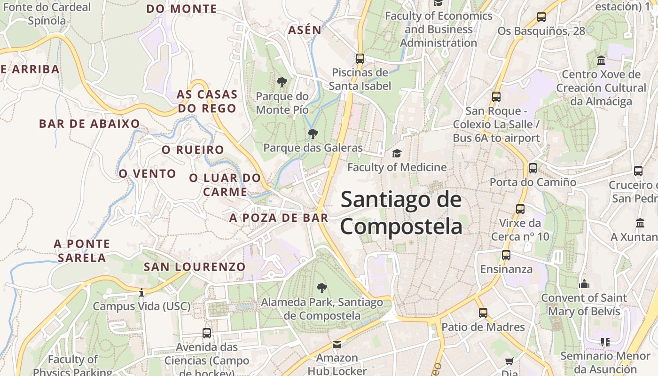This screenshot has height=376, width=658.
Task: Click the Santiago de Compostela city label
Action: [x=401, y=212]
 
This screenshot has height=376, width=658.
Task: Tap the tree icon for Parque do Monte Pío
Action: [x=282, y=82]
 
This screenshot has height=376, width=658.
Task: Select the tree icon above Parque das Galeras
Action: [x=313, y=134]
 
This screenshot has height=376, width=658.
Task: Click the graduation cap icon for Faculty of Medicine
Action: [x=397, y=154]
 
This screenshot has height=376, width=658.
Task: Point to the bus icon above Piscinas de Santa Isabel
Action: [x=360, y=59]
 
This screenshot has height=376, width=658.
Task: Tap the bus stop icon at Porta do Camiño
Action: [x=533, y=168]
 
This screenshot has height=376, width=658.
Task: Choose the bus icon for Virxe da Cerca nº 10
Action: [x=520, y=209]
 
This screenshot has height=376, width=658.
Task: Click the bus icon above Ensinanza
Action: [x=506, y=255]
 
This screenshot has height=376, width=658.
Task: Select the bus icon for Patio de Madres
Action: [x=483, y=313]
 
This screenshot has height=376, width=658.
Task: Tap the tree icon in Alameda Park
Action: [x=322, y=288]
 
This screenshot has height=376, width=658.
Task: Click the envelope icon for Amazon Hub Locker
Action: [x=337, y=345]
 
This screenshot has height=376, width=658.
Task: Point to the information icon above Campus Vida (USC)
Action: [x=141, y=293]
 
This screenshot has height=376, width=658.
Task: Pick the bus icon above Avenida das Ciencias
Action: [x=207, y=333]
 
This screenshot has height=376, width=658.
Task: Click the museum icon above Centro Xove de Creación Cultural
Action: [x=601, y=61]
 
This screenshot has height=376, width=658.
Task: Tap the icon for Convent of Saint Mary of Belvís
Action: [x=584, y=284]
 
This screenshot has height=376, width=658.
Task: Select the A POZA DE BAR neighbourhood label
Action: [x=279, y=218]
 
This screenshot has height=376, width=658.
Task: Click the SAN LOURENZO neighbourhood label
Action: [x=195, y=267]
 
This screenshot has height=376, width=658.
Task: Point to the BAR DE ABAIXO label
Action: [x=89, y=124]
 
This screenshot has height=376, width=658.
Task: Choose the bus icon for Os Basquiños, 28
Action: [x=541, y=17]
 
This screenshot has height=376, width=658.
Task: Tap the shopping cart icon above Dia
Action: [x=509, y=361]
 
